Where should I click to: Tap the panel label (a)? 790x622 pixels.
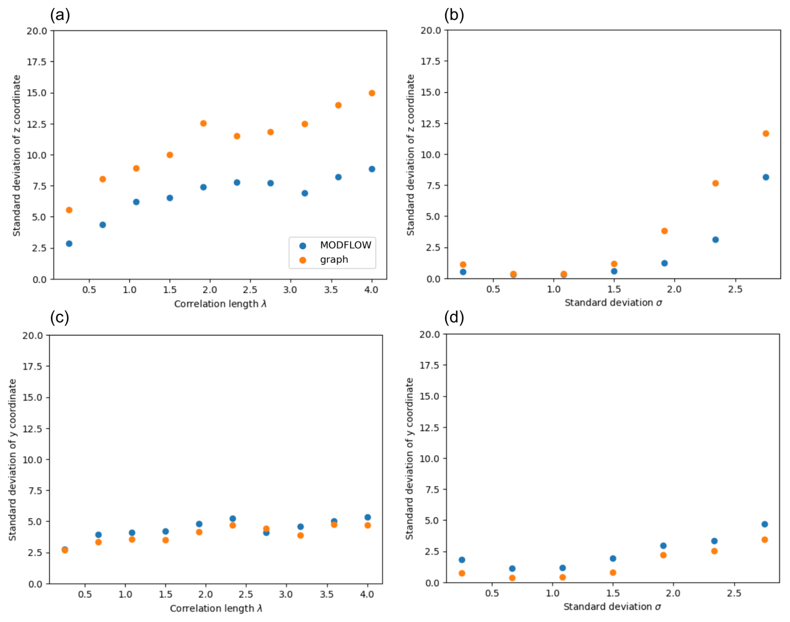[x=60, y=15]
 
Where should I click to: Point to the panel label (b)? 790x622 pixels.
[x=454, y=15]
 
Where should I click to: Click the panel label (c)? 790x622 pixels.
[x=59, y=317]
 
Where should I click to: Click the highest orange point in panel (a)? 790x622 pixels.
[x=372, y=93]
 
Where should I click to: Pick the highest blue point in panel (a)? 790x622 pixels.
[x=372, y=169]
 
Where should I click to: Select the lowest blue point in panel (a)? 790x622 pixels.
[x=69, y=244]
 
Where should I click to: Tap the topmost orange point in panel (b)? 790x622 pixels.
[x=765, y=134]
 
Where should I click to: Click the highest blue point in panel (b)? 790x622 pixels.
[x=765, y=177]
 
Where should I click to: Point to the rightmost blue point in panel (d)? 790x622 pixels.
[x=764, y=524]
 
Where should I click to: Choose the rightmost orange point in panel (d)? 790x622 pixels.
[x=764, y=540]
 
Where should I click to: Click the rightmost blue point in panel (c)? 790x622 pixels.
[x=367, y=518]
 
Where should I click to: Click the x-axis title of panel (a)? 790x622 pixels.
[x=220, y=304]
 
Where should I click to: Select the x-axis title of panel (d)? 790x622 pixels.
[x=612, y=607]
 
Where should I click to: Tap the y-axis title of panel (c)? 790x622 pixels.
[x=13, y=460]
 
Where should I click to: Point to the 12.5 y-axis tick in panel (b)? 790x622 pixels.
[x=430, y=124]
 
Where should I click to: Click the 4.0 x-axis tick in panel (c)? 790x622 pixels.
[x=367, y=594]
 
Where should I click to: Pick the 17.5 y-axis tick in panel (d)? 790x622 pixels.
[x=430, y=366]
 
